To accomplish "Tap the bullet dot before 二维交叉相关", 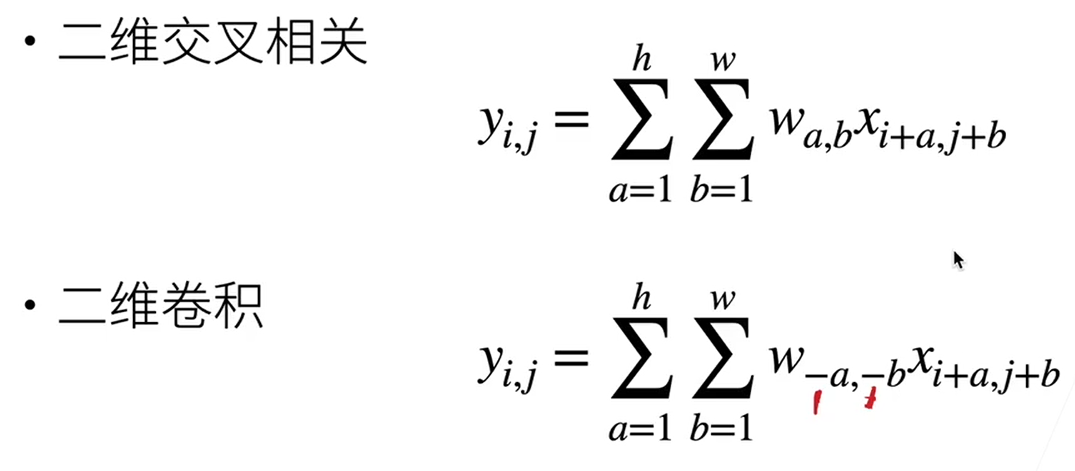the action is (30, 41).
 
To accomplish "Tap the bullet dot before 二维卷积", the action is (30, 304).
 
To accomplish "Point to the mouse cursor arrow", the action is (958, 260).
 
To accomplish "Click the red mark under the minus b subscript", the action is (870, 398).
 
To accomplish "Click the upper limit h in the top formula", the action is (641, 59).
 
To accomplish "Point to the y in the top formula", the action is (491, 123).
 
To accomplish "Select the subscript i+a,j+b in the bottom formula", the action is (995, 378).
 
